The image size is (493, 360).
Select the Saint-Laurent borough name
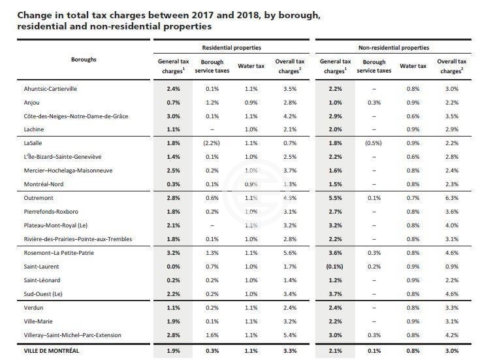tap(40, 266)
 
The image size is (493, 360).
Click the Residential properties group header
tap(232, 48)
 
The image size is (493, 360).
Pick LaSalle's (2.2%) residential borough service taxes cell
tap(208, 142)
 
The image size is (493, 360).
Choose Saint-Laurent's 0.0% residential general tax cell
tap(172, 266)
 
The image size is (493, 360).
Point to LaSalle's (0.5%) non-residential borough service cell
tap(372, 142)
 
